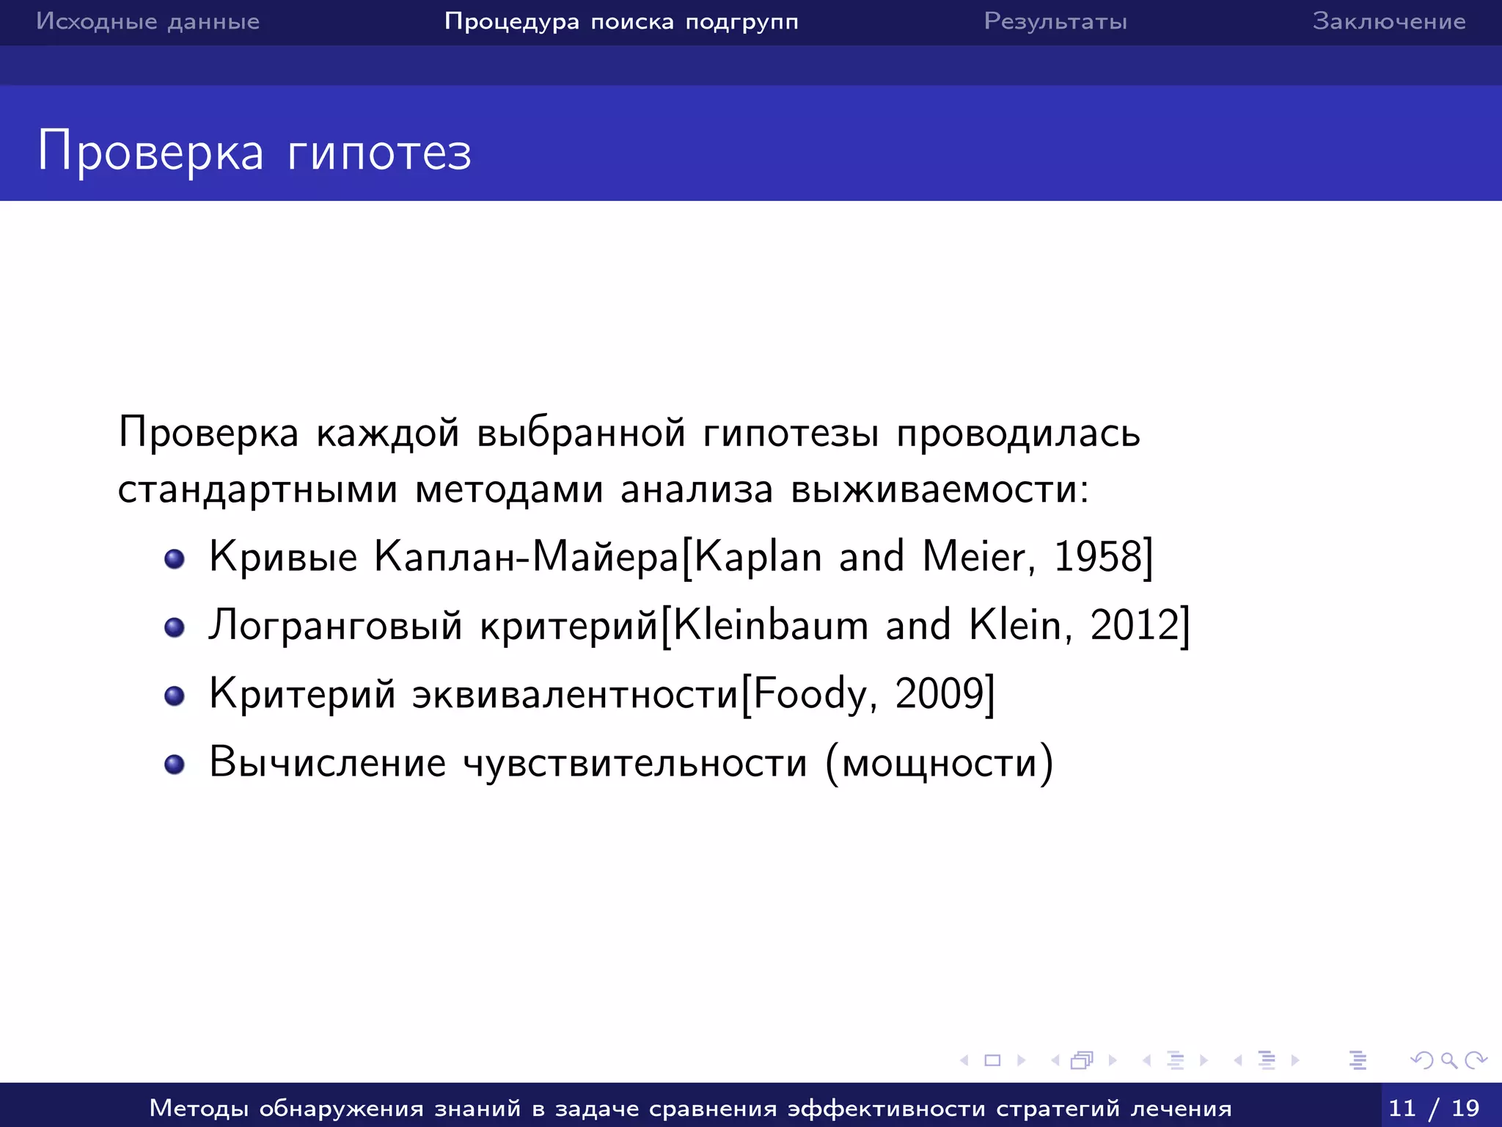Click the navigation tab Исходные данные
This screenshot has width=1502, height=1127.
(147, 21)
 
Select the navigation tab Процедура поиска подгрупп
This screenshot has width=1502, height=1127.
(621, 21)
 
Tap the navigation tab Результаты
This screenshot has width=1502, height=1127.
(1055, 21)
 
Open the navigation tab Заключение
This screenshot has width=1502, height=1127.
(1389, 21)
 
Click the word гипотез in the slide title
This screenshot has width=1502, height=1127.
(379, 153)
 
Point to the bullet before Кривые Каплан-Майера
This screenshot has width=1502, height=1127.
(175, 560)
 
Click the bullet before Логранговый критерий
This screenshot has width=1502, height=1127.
(175, 627)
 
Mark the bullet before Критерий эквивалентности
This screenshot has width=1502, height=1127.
(175, 696)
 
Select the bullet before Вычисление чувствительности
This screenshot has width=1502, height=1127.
(175, 765)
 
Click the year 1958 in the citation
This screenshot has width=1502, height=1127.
(1098, 557)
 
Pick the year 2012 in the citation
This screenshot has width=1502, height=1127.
(1135, 625)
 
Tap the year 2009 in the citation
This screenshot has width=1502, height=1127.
(939, 693)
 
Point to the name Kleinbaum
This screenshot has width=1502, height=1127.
(770, 625)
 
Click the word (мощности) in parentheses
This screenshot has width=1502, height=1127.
(939, 763)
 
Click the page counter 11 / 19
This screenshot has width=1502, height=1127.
(1434, 1107)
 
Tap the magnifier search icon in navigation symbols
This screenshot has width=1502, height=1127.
(1448, 1060)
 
